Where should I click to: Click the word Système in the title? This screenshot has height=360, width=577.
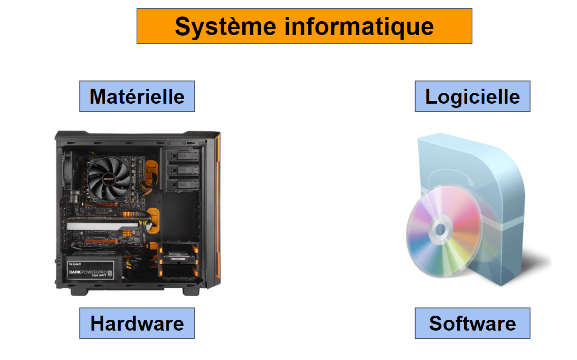point(225,27)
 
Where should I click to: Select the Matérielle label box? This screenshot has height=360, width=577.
point(137,96)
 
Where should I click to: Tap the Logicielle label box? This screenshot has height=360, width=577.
point(472,96)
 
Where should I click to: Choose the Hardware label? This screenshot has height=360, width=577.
point(137,323)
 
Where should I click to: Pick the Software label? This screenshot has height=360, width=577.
point(472,323)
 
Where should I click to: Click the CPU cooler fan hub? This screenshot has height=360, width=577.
point(109,179)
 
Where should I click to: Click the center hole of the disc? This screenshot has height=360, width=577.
point(440,230)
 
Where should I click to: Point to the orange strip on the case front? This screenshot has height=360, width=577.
point(218,206)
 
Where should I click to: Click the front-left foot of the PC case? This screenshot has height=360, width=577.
point(79,291)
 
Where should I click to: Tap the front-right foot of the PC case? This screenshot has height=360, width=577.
point(191,291)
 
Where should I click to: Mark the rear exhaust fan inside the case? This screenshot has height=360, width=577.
point(69,169)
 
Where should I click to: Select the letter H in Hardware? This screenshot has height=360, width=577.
point(98,323)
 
